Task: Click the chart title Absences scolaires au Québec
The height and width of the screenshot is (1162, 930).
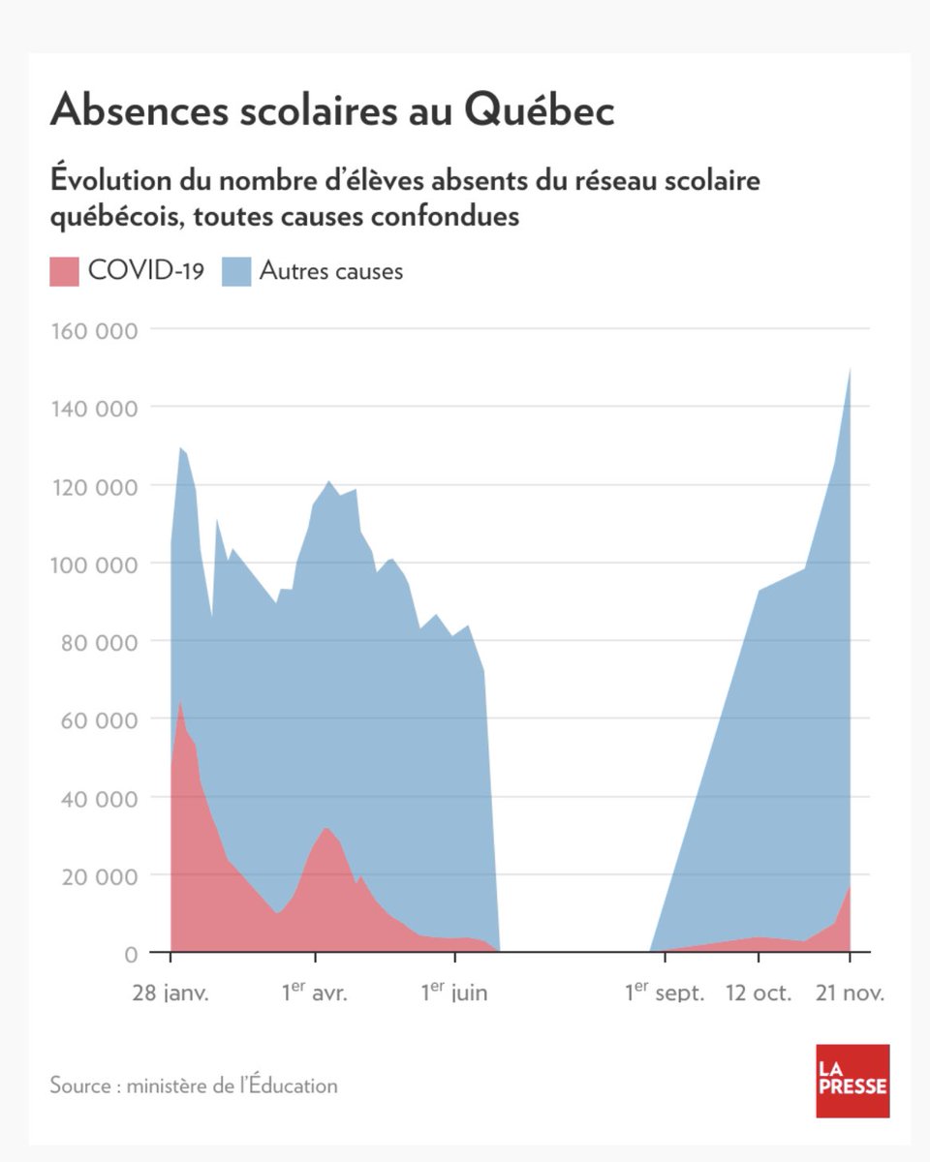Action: tap(331, 110)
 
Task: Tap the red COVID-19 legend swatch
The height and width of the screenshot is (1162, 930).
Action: tap(65, 270)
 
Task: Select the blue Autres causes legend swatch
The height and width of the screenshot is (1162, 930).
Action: tap(236, 270)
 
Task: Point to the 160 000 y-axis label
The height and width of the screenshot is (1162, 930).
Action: tap(92, 330)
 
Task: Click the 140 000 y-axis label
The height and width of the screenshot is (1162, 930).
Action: tap(92, 408)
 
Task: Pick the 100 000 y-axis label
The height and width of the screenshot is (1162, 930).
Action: tap(92, 564)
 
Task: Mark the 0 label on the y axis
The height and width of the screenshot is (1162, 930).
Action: tap(129, 954)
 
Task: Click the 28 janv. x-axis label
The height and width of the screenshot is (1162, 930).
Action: tap(170, 994)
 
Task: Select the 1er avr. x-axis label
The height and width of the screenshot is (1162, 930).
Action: tap(314, 993)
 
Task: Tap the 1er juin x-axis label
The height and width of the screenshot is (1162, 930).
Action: tap(453, 993)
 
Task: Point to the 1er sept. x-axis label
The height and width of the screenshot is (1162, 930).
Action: tap(664, 993)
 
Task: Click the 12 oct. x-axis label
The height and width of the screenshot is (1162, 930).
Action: tap(759, 994)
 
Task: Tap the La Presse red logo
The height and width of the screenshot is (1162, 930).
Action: tap(852, 1081)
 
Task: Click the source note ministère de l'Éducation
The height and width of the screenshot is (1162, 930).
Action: tap(194, 1086)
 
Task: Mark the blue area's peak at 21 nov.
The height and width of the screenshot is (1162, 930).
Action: tap(850, 369)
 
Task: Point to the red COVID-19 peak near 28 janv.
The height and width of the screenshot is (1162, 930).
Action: tap(179, 704)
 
